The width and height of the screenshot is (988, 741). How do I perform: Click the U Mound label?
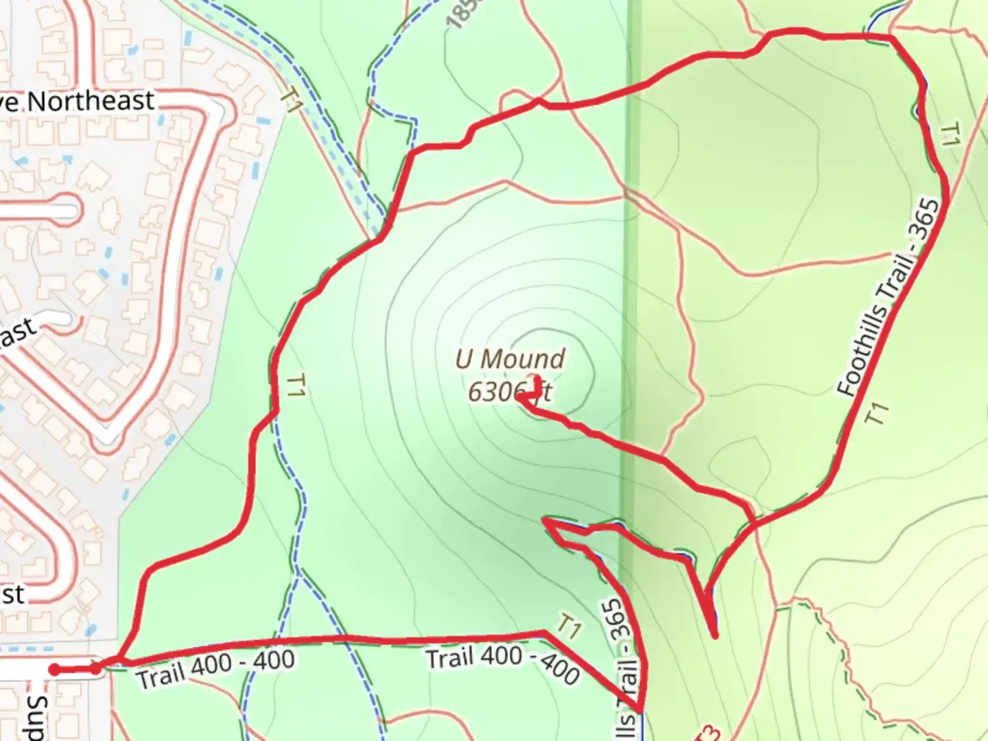point(510,359)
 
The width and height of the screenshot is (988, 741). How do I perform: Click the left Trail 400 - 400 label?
point(215,668)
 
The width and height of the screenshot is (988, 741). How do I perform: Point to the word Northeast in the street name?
point(91,102)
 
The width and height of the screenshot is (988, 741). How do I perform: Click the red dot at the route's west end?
point(54,670)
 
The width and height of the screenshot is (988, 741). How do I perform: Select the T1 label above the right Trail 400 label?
point(569,626)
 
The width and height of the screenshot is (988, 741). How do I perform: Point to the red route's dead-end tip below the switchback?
point(715,636)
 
